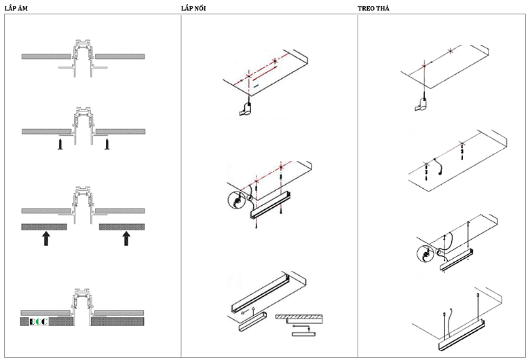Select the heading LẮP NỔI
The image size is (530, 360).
click(194, 7)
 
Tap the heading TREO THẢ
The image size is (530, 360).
click(374, 7)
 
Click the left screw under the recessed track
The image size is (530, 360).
click(60, 145)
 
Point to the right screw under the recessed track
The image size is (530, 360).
click(107, 145)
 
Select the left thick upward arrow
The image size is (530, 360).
click(45, 237)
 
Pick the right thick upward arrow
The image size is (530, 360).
click(126, 237)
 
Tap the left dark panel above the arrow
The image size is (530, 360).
click(44, 226)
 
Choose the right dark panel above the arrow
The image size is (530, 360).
click(122, 226)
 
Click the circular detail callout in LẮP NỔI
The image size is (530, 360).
click(237, 202)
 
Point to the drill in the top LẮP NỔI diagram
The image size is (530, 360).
click(246, 109)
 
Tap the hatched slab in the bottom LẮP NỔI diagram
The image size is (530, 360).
click(299, 317)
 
